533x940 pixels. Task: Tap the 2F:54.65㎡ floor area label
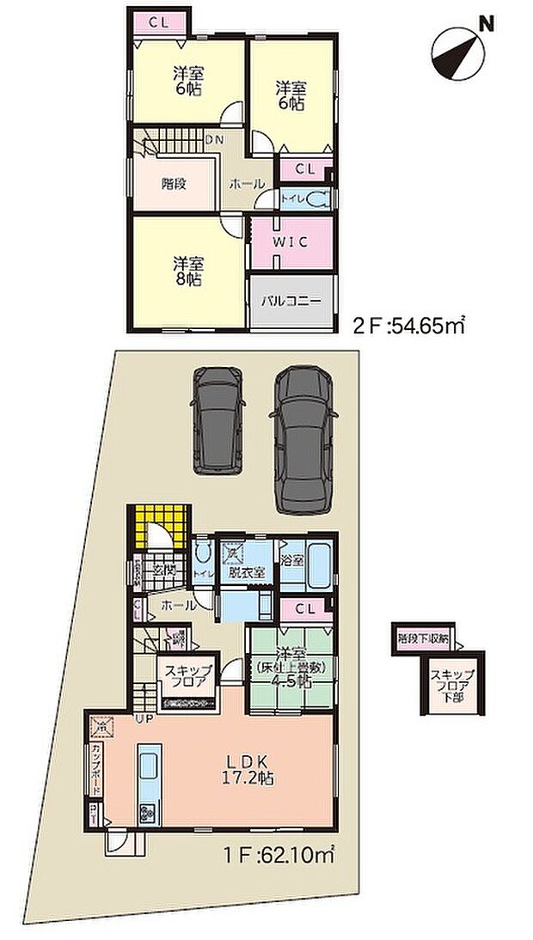(x=409, y=326)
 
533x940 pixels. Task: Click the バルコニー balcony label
(x=291, y=302)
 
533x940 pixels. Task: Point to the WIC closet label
(x=290, y=242)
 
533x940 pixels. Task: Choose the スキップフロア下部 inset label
(x=451, y=686)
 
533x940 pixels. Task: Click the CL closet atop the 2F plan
(x=158, y=24)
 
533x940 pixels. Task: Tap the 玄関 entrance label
(x=163, y=570)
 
